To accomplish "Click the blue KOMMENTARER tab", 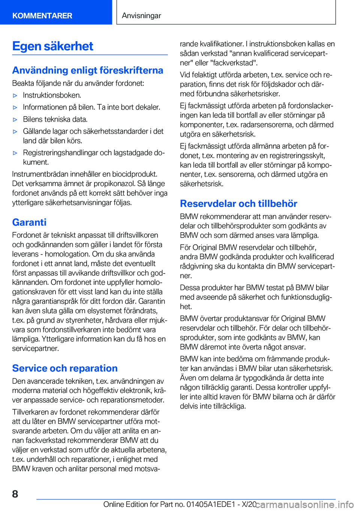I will click(x=42, y=15).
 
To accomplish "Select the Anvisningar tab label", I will click(x=141, y=15).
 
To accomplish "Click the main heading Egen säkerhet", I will click(x=52, y=46).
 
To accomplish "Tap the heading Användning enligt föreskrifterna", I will click(x=87, y=70).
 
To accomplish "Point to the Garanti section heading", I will click(x=29, y=222).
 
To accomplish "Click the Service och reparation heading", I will click(x=65, y=368).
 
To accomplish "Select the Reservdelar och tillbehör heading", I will click(x=238, y=203).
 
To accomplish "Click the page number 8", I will click(x=15, y=494).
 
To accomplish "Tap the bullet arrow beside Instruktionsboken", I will click(x=15, y=95).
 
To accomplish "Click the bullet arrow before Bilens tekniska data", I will click(x=15, y=119).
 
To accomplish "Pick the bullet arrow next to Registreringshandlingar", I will click(x=15, y=153).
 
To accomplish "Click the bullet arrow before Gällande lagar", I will click(x=15, y=131).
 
